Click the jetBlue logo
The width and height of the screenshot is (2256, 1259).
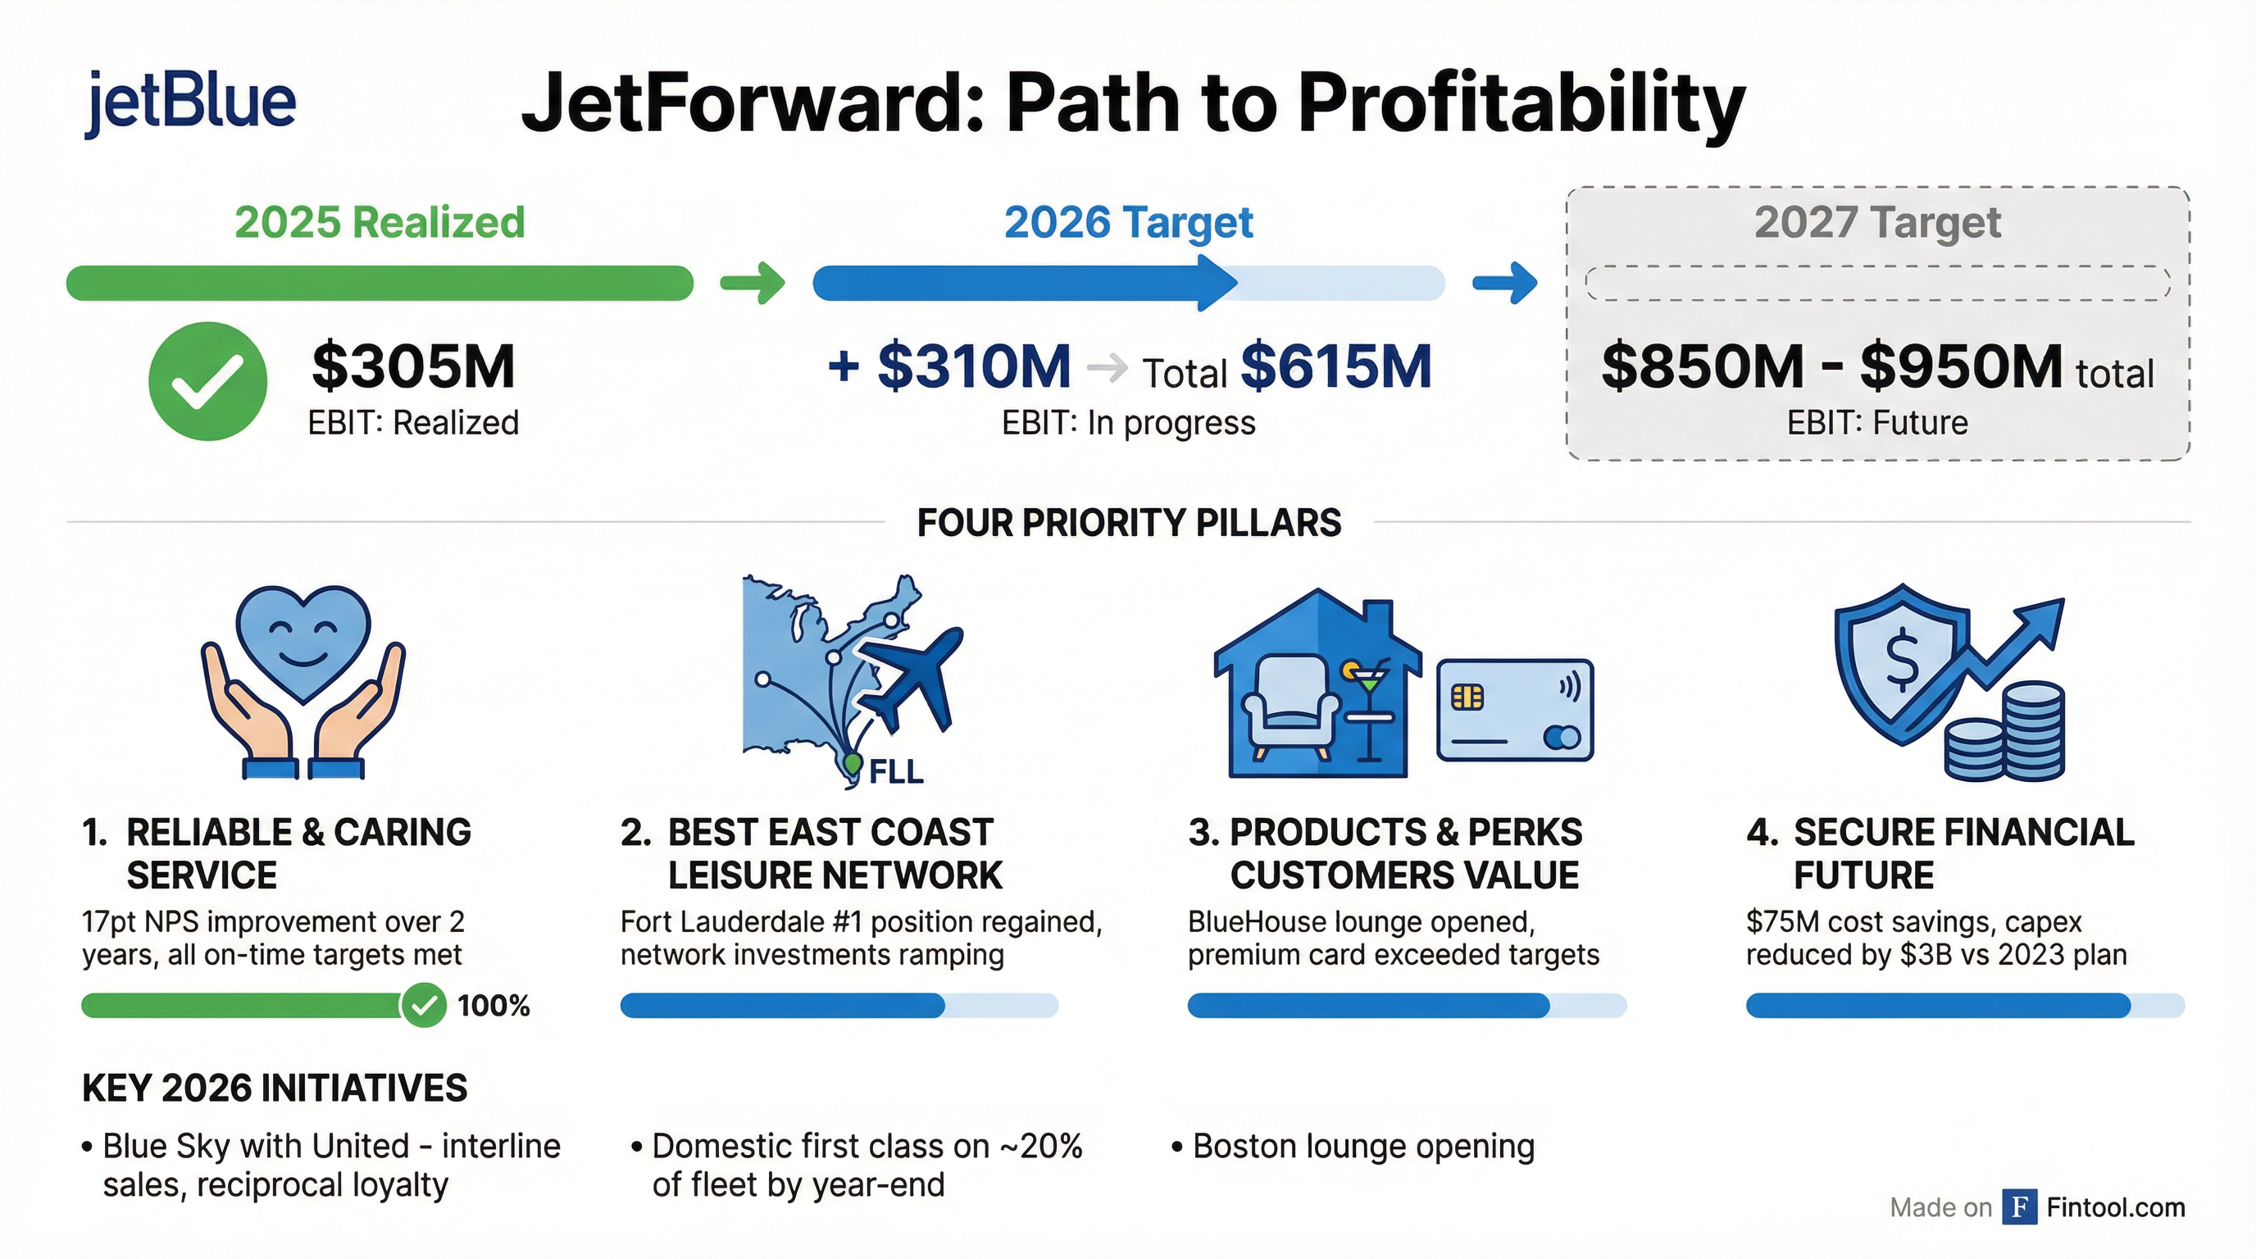[191, 102]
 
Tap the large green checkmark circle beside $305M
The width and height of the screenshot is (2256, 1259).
[207, 381]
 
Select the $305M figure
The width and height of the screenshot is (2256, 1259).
[413, 366]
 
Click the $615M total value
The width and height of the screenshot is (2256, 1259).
[1335, 366]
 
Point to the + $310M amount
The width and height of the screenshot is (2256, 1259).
[949, 366]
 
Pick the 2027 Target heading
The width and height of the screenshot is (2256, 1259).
[1876, 222]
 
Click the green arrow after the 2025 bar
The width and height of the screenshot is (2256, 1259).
[753, 283]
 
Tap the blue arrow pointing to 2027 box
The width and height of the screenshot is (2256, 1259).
[1504, 283]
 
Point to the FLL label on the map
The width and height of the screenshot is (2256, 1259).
[896, 771]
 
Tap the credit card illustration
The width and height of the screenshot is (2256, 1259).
[1514, 710]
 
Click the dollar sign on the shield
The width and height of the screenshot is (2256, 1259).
[1901, 661]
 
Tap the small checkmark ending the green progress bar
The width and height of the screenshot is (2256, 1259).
[424, 1005]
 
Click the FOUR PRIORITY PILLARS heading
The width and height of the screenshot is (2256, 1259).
[1129, 523]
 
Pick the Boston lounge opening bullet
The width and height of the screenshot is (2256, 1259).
[1354, 1146]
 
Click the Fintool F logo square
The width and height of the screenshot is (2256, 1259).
[2020, 1207]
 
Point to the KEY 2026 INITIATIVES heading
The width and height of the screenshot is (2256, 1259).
[274, 1089]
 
